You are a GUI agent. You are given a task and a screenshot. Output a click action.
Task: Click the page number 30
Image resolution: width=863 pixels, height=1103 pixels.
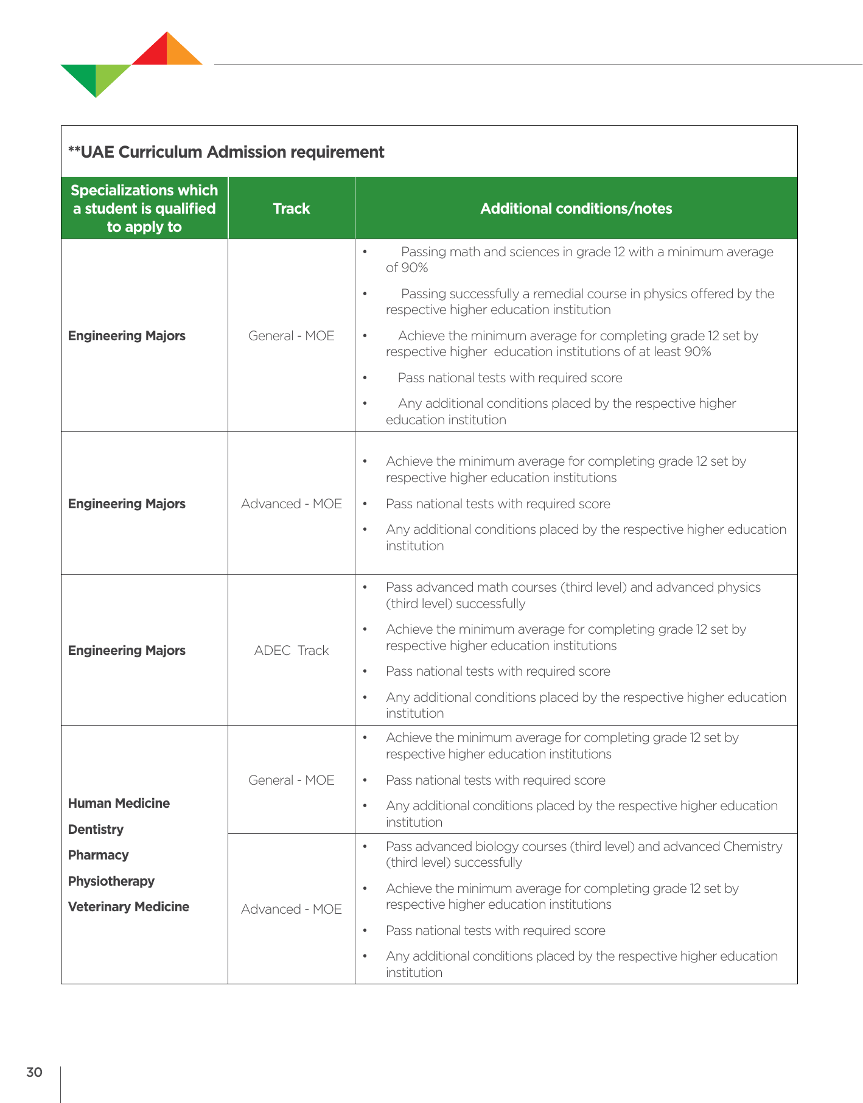point(34,1072)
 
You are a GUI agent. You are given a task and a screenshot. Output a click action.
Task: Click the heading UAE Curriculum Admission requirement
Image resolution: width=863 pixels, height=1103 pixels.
point(226,152)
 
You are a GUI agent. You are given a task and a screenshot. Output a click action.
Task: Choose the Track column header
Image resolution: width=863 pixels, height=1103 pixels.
point(291,208)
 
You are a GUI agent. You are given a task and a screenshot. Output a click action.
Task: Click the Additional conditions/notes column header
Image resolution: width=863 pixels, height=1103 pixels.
point(576,208)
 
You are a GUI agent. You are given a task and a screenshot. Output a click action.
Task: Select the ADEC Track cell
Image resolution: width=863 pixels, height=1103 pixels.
point(291,650)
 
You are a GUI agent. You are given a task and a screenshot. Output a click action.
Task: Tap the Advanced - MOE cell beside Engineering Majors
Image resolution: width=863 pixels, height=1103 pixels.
point(291,503)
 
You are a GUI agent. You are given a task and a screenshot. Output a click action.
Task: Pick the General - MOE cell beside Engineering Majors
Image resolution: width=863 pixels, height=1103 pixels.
point(291,335)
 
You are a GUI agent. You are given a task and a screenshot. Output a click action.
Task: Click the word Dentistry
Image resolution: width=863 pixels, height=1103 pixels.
point(96,829)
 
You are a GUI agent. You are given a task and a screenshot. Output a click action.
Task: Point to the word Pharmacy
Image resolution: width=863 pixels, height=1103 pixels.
point(98,855)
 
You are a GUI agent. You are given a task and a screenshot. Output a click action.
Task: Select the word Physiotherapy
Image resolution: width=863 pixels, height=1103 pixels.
point(111,881)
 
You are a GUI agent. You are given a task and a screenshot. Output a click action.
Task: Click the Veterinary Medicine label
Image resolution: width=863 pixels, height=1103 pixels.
point(128,906)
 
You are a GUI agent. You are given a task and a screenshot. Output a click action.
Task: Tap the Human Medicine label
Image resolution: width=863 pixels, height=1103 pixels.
point(119,803)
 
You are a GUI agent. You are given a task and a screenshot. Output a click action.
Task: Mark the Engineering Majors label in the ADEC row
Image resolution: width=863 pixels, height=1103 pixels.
point(127,650)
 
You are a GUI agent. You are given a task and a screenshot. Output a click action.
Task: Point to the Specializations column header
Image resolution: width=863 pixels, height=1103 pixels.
point(144,208)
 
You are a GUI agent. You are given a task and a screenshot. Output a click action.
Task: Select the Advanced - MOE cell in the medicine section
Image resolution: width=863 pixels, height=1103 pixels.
point(291,909)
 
